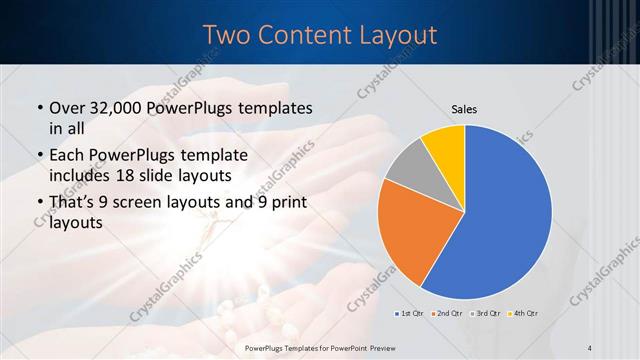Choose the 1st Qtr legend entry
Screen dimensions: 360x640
coord(411,313)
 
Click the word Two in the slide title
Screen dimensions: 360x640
coord(229,34)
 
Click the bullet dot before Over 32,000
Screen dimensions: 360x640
coord(38,108)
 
